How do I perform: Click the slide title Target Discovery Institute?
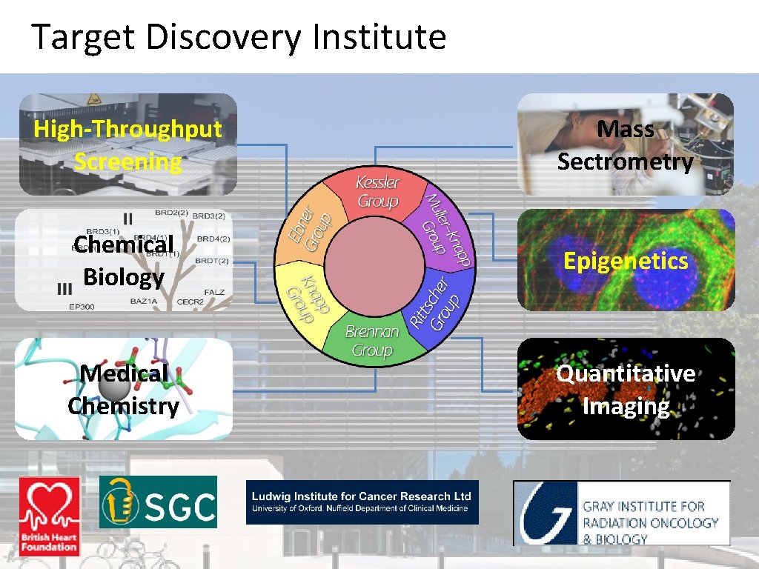pos(238,37)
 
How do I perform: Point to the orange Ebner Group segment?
pos(308,226)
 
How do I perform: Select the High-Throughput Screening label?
pos(127,145)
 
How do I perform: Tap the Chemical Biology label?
pos(124,260)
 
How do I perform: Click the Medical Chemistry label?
pos(123,390)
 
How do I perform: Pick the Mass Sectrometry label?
pos(626,145)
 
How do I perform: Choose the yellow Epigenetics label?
pos(626,261)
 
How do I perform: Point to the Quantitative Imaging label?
pos(626,390)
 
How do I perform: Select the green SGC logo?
pos(159,502)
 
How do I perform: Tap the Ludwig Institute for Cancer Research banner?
pos(362,502)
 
